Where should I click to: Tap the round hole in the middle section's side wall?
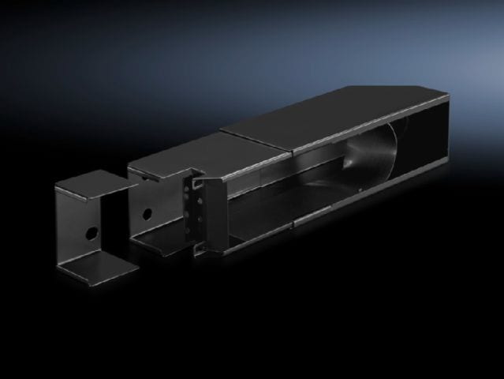[147, 212]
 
